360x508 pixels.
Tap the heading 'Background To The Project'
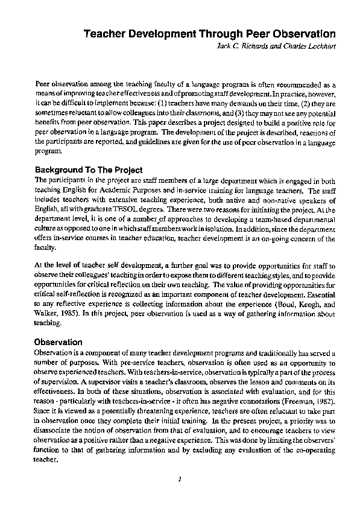tap(89, 170)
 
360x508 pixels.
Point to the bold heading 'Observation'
tap(58, 342)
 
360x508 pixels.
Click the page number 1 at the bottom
tap(180, 479)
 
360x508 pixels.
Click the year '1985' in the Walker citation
tap(69, 314)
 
